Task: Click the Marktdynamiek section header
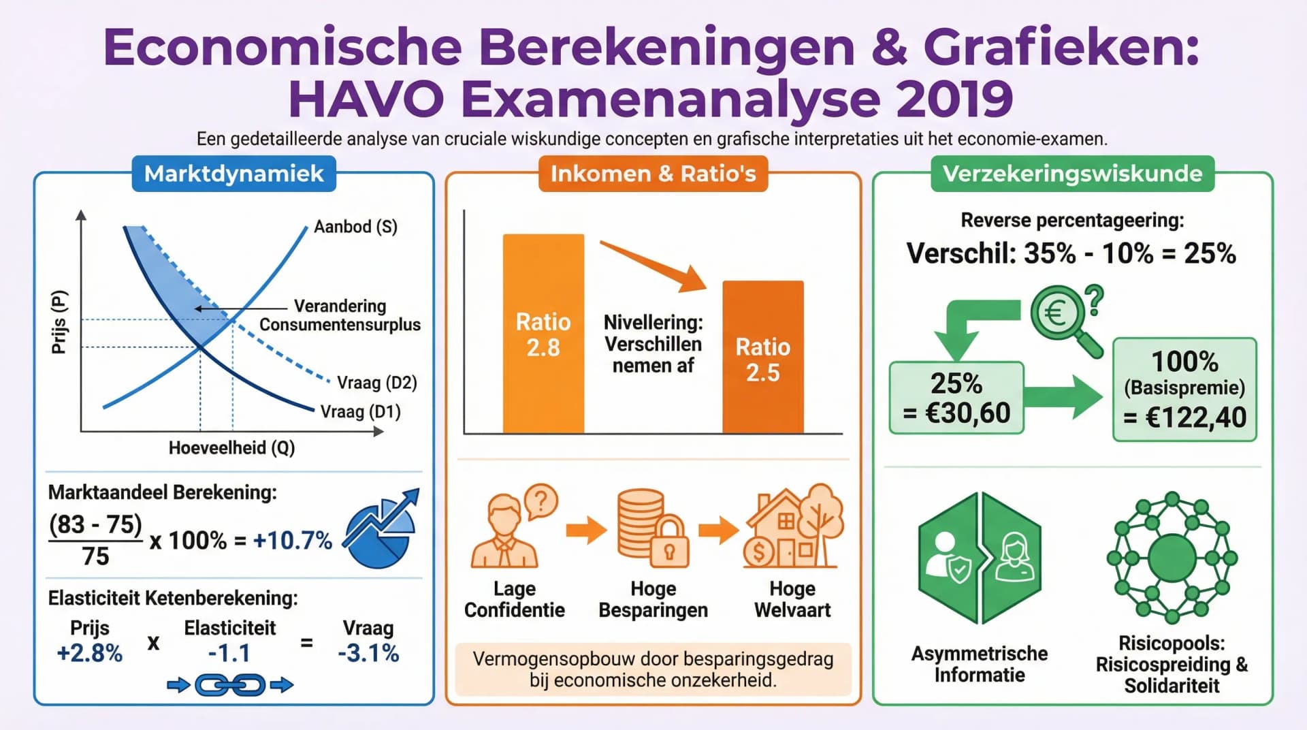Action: [x=233, y=174]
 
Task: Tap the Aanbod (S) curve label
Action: [x=355, y=227]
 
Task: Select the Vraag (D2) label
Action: [x=376, y=383]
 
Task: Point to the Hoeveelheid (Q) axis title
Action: [x=231, y=448]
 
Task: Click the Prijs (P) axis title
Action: [x=59, y=321]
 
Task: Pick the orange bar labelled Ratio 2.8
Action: [x=543, y=334]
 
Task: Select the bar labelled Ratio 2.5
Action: [x=762, y=358]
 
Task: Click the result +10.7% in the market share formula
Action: [x=292, y=541]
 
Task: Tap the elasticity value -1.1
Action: [x=229, y=654]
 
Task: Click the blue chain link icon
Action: [x=230, y=685]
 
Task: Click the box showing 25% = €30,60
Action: [x=956, y=398]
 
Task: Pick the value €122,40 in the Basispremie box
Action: [x=1195, y=417]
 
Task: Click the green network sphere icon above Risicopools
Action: [x=1172, y=558]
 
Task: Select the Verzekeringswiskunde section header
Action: [x=1072, y=174]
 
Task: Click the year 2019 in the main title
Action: [x=954, y=99]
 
